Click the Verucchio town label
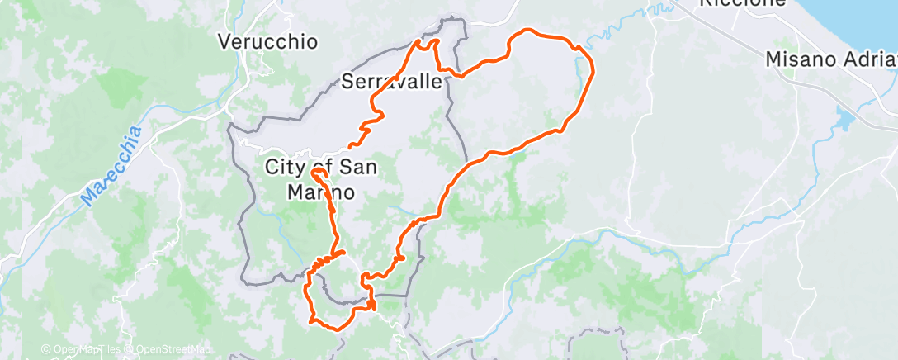coord(267,41)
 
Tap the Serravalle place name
coord(393,81)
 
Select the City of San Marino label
coord(321,179)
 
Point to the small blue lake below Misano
coord(845,121)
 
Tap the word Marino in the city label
coord(321,192)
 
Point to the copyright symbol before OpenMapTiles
coord(45,349)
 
